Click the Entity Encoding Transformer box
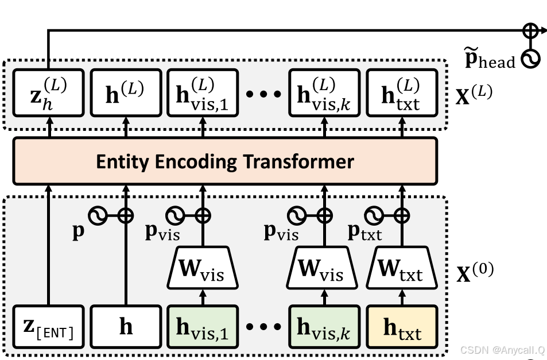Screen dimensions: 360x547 coord(225,162)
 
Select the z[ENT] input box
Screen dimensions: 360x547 coord(48,327)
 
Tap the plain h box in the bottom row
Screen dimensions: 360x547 coord(126,327)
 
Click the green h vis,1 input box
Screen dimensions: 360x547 coord(203,327)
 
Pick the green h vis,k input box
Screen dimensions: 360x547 coord(324,327)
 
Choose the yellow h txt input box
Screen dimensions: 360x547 coord(402,327)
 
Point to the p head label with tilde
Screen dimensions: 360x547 coord(489,59)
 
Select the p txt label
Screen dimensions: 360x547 coord(365,231)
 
